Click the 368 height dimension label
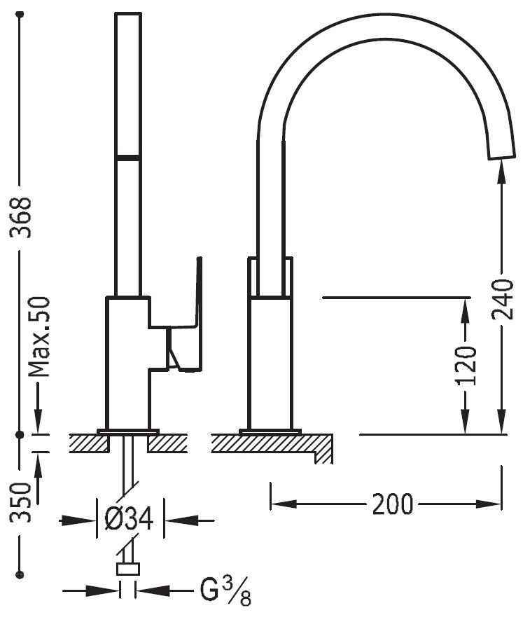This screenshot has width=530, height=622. click(20, 217)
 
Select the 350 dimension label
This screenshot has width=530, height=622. click(20, 502)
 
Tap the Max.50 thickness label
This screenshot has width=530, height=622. click(39, 337)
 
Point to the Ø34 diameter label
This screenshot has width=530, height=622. click(130, 519)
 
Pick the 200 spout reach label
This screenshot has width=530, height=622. click(393, 504)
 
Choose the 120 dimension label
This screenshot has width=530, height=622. click(466, 366)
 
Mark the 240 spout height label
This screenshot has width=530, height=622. click(503, 299)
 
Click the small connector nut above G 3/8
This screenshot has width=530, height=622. click(128, 569)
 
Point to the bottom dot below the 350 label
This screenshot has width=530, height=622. click(20, 574)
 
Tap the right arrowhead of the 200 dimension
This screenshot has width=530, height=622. click(489, 504)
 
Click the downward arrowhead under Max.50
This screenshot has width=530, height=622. click(39, 420)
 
